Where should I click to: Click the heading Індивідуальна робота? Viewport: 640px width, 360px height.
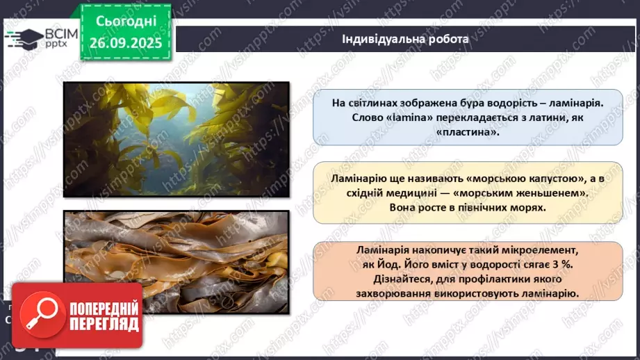405,39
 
